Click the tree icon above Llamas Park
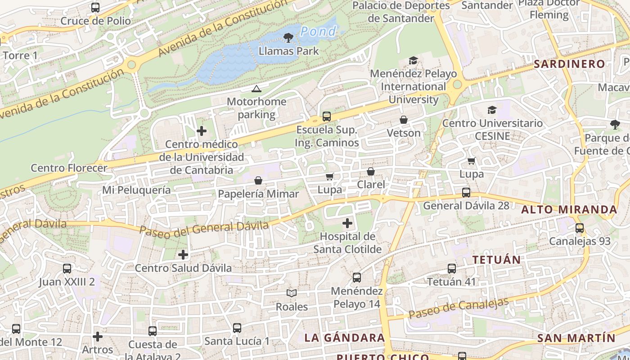288,38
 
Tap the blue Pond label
318,31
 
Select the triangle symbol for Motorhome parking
256,89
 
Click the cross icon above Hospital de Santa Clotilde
347,223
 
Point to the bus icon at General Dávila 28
466,193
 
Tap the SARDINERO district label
569,64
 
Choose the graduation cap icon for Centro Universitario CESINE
492,110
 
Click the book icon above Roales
292,293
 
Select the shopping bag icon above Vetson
404,120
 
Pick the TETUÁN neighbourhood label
496,260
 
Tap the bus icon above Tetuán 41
451,269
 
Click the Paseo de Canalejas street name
459,309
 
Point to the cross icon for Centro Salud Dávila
183,255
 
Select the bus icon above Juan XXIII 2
67,269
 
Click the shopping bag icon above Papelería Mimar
258,180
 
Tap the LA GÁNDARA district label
344,337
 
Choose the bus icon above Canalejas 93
580,228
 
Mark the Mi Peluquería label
136,190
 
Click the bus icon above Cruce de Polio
95,8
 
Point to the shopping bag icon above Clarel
371,171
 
